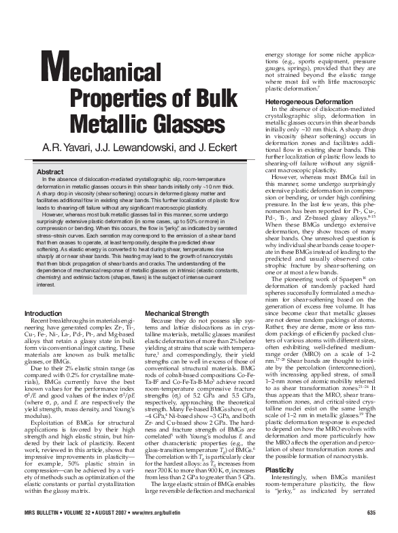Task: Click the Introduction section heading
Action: [44, 313]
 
